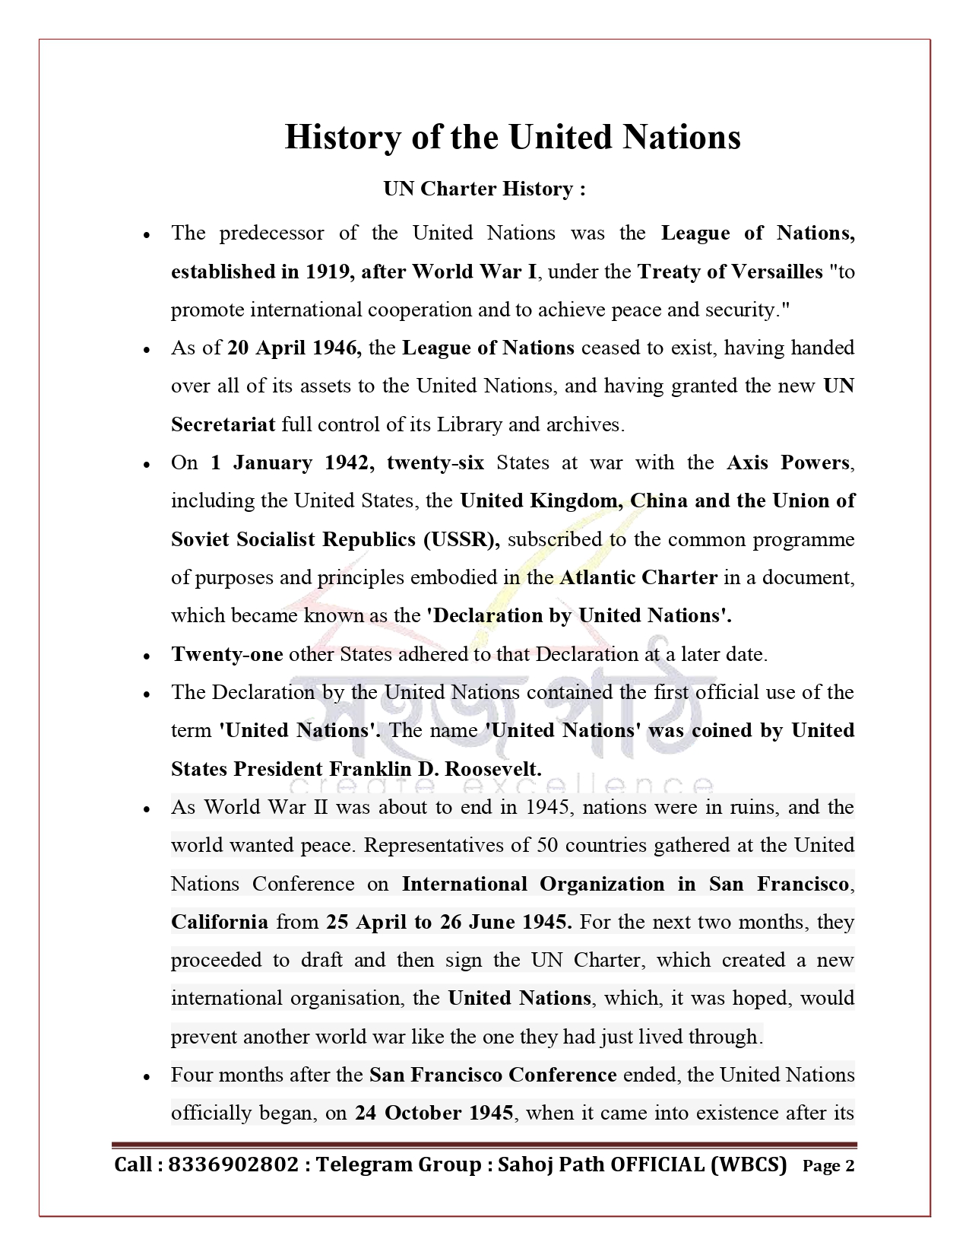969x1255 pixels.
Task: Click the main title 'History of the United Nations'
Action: pos(512,138)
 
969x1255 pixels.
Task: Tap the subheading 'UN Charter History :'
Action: pos(484,189)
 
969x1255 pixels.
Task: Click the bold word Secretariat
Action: pos(223,424)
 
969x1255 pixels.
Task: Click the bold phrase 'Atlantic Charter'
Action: pos(638,577)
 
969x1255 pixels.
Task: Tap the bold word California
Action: pos(220,922)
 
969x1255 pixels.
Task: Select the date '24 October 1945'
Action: pos(434,1113)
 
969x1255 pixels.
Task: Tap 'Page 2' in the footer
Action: pos(828,1166)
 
